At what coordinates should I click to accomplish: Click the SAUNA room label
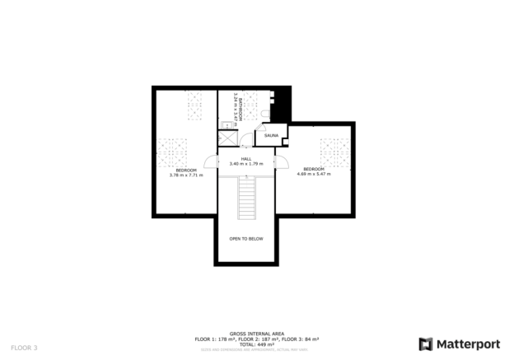pos(271,134)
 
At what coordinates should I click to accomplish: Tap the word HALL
pos(245,158)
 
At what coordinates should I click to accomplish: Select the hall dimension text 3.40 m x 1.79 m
pos(245,164)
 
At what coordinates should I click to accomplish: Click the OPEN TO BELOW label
pos(245,238)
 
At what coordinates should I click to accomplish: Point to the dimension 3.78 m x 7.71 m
pos(186,175)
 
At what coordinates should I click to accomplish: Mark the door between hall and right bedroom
pos(283,162)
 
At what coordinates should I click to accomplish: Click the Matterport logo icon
pos(424,344)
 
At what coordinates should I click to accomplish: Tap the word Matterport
pos(465,344)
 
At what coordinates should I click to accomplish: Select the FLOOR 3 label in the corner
pos(24,348)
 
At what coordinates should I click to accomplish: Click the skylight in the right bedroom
pos(334,151)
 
